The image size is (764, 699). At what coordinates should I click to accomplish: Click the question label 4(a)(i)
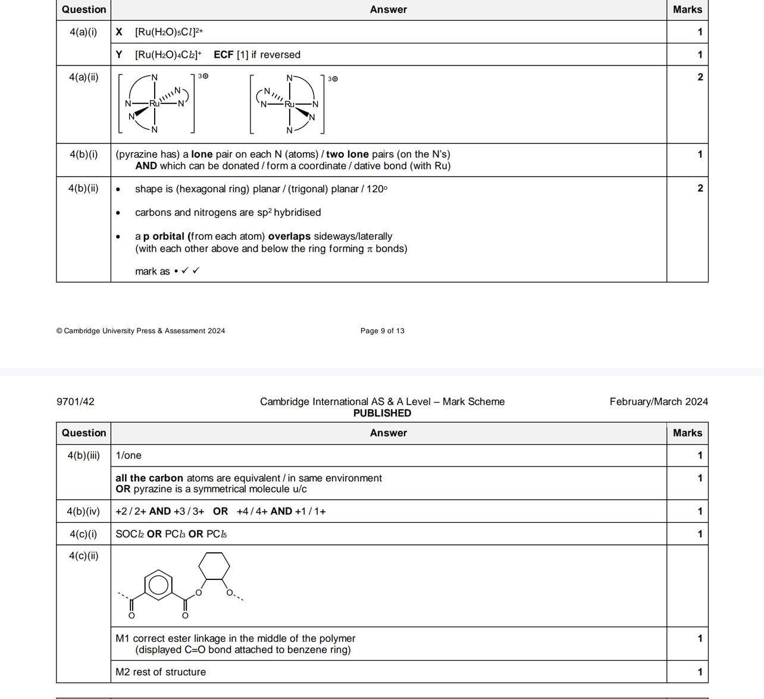tap(83, 32)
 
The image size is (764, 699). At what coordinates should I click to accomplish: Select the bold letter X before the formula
tap(119, 32)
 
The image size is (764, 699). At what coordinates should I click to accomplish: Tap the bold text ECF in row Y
tap(223, 55)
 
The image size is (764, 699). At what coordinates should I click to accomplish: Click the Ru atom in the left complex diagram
tap(154, 104)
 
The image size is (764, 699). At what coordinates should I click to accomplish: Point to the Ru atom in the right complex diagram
tap(289, 104)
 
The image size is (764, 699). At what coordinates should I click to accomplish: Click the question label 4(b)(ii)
tap(83, 189)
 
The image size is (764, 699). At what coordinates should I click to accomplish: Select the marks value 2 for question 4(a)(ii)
tap(700, 77)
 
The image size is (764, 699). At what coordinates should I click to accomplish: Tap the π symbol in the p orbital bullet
tap(370, 249)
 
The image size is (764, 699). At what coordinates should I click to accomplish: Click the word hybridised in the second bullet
tap(297, 212)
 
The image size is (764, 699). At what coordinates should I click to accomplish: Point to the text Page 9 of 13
tap(382, 331)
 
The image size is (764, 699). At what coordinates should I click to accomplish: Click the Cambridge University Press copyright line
tap(140, 331)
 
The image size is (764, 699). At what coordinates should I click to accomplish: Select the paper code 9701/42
tap(75, 402)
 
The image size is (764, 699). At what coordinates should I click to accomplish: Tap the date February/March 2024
tap(658, 402)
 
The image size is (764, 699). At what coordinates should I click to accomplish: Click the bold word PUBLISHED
tap(382, 413)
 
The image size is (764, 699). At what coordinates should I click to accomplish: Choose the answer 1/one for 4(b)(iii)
tap(129, 456)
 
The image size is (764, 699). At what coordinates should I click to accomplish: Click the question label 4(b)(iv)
tap(83, 512)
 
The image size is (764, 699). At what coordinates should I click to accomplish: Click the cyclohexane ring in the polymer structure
tap(214, 566)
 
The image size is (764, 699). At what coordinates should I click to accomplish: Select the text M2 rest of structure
tap(161, 672)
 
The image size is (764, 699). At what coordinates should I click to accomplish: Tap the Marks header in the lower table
tap(687, 433)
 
